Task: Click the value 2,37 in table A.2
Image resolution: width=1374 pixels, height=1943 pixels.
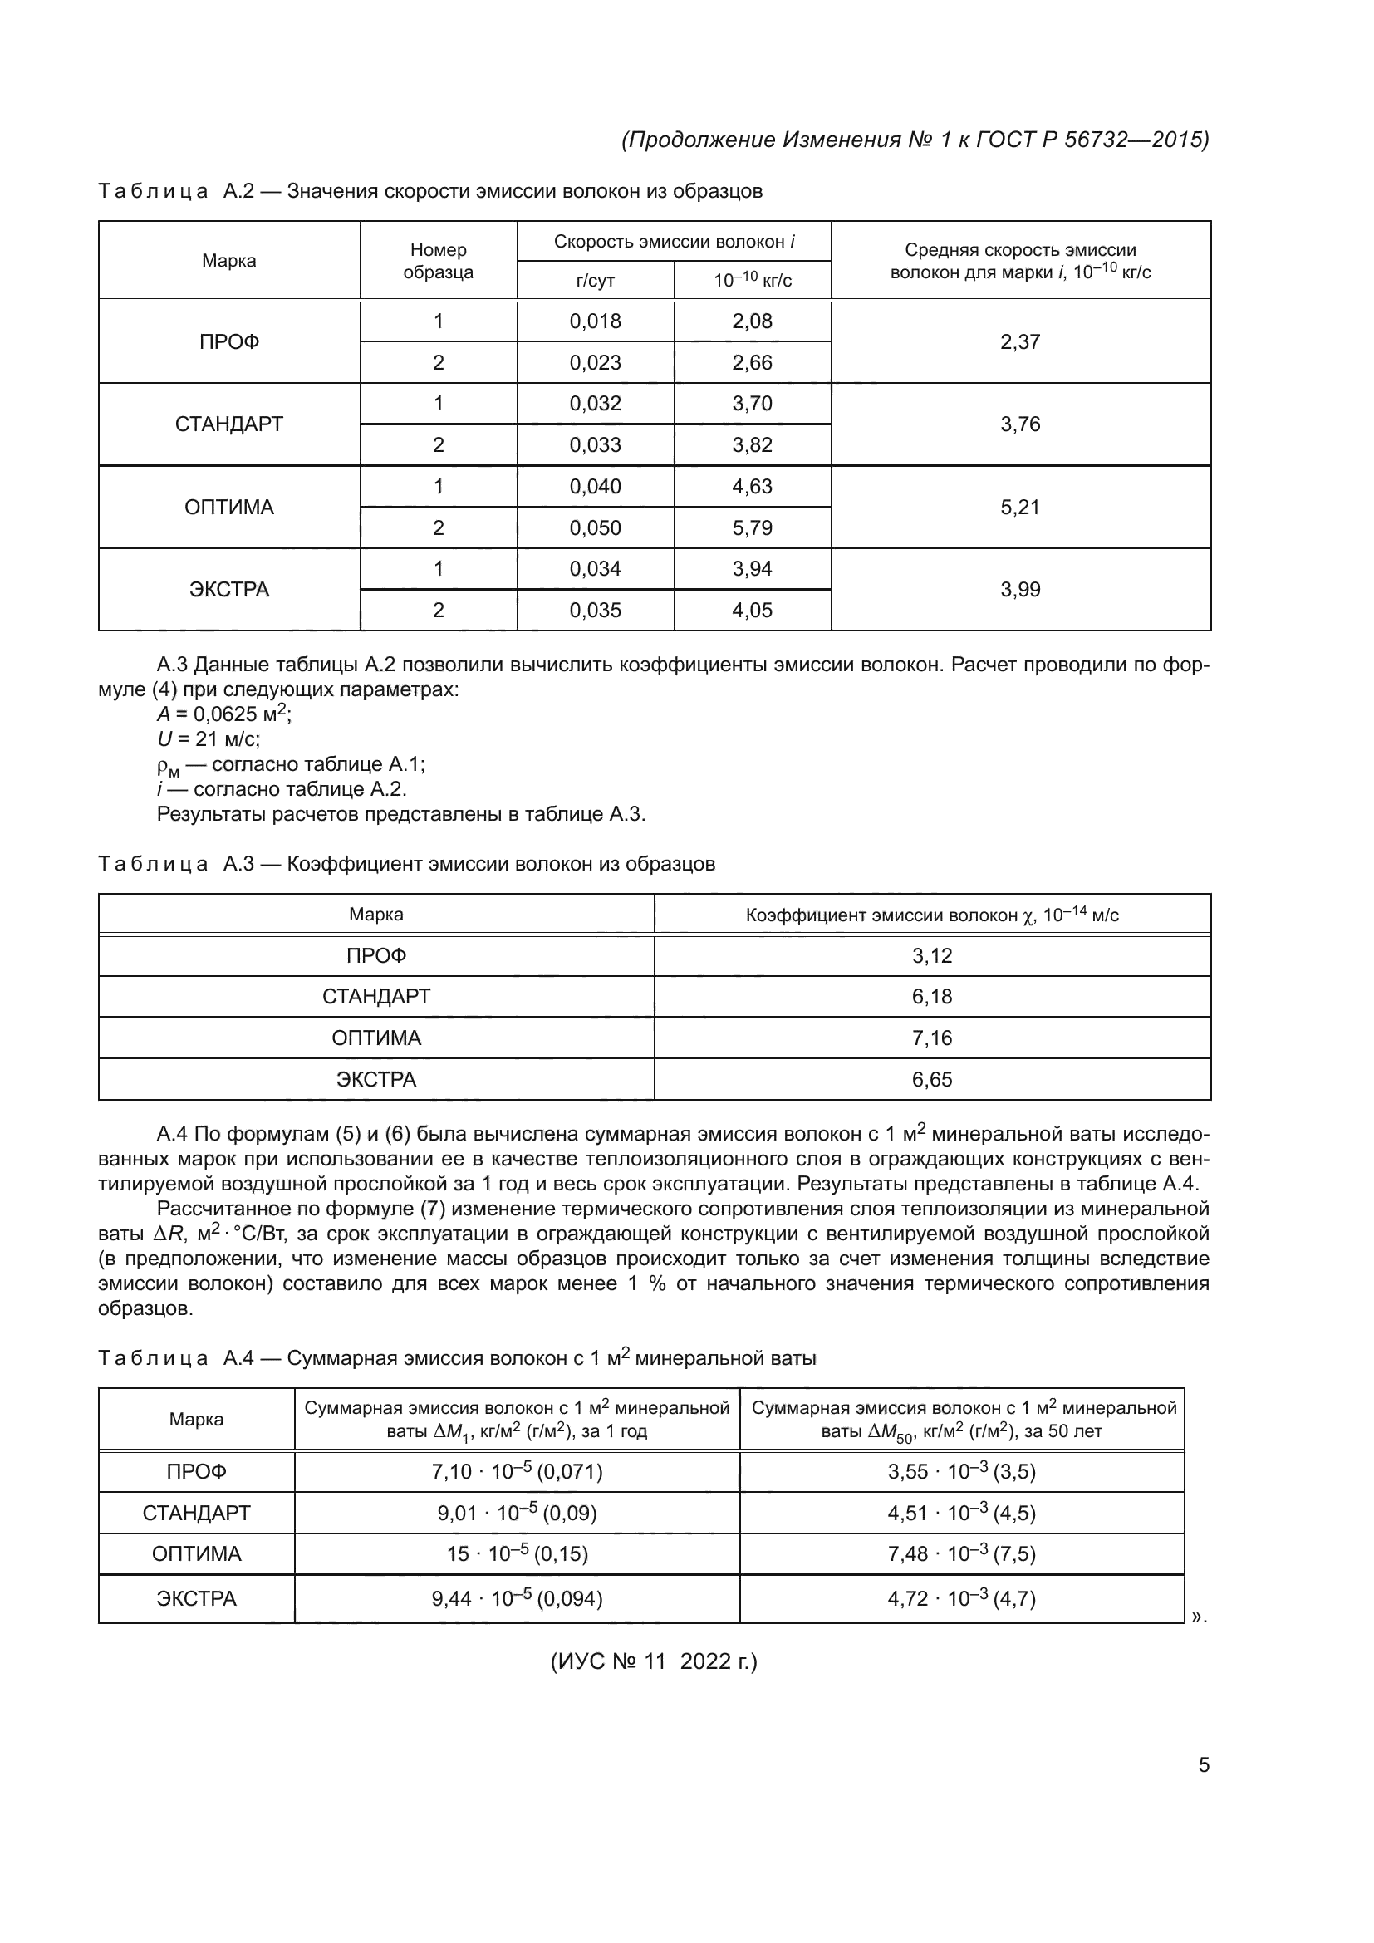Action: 1019,342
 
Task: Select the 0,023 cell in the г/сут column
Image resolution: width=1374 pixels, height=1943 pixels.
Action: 595,362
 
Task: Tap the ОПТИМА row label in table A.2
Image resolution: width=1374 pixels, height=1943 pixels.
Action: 229,507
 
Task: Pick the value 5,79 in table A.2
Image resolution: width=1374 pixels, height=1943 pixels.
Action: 752,527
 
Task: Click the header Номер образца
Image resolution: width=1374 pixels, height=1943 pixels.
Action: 438,261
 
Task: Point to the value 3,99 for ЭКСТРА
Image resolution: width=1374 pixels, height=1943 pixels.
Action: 1019,589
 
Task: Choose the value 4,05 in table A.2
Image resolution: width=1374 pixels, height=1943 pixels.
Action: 752,611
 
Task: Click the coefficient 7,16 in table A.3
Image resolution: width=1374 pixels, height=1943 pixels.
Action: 931,1038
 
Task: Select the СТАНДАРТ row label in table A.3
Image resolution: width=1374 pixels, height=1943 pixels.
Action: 375,996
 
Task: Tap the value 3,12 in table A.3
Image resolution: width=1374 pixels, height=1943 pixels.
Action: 931,955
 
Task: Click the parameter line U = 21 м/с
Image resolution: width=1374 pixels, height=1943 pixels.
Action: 209,738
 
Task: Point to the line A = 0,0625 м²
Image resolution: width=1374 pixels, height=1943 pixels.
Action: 224,714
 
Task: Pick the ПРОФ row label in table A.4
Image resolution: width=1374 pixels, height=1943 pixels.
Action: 196,1472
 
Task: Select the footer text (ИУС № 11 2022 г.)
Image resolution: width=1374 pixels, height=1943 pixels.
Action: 653,1685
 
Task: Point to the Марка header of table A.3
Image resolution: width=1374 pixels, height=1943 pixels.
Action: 375,914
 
